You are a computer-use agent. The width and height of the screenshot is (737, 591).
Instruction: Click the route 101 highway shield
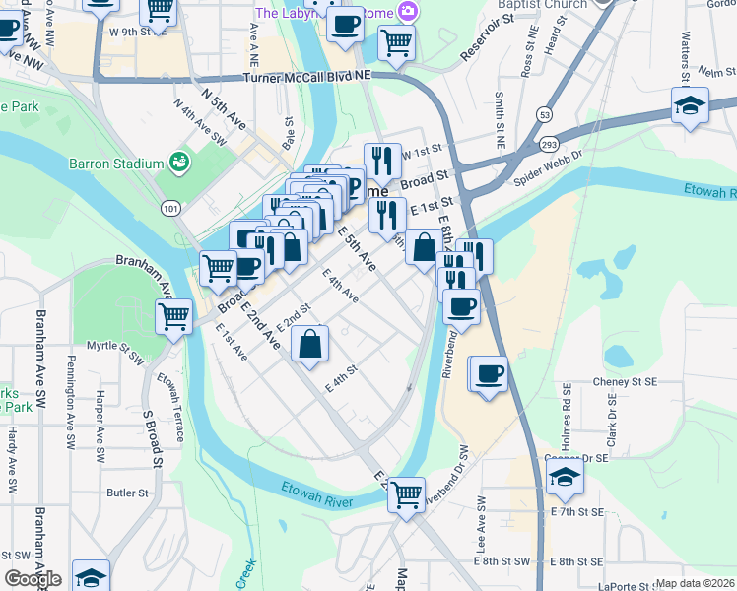pos(172,208)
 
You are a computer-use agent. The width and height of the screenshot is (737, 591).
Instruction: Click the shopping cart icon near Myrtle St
pos(173,316)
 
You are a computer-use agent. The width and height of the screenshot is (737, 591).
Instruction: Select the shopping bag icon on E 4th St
pos(309,345)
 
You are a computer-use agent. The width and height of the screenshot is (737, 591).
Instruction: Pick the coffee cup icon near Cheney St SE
pos(488,374)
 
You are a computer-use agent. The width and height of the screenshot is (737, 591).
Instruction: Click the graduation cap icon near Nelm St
pos(690,105)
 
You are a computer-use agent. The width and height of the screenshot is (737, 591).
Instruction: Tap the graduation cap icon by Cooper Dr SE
pos(565,477)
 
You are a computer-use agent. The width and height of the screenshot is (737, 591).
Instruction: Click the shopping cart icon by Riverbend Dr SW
pos(406,494)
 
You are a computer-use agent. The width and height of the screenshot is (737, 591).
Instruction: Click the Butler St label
pos(127,492)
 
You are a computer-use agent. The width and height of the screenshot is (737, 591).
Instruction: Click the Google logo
pos(33,579)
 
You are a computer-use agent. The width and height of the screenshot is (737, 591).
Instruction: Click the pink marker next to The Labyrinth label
pos(407,13)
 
